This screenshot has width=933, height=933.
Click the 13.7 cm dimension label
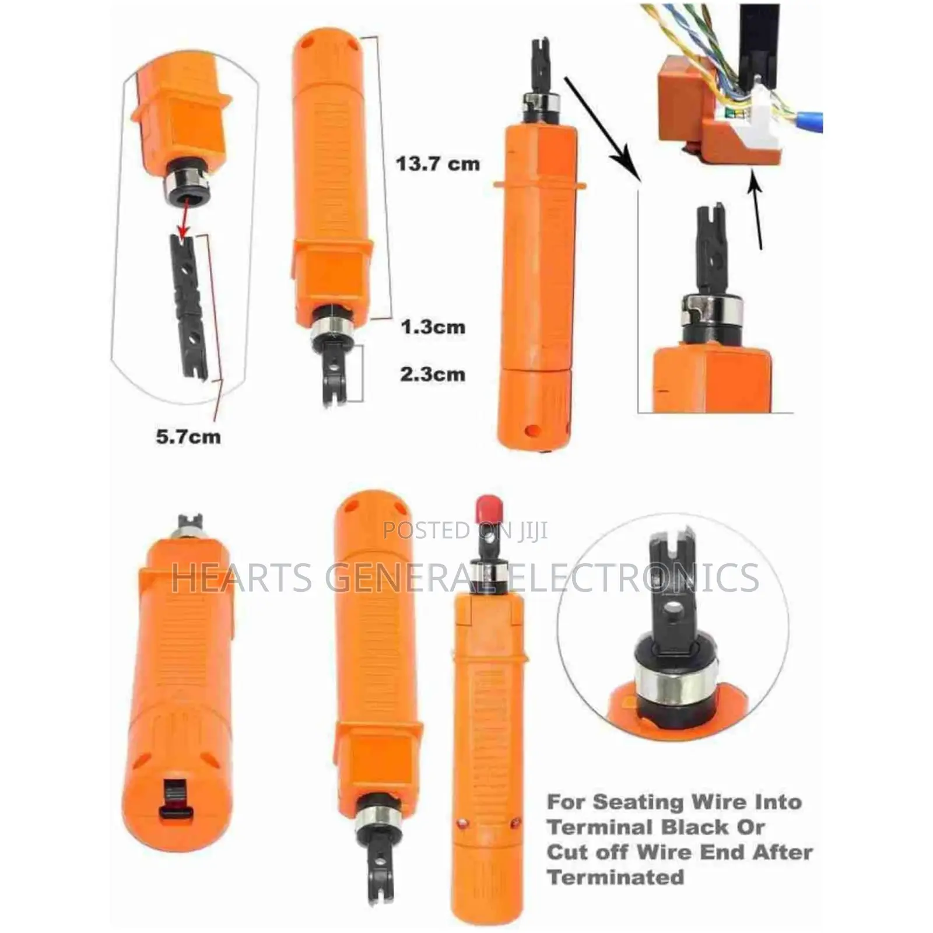[438, 164]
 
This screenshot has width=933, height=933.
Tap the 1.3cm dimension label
[433, 327]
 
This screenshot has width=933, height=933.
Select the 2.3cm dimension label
[433, 374]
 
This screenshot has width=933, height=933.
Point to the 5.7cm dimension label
[188, 436]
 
